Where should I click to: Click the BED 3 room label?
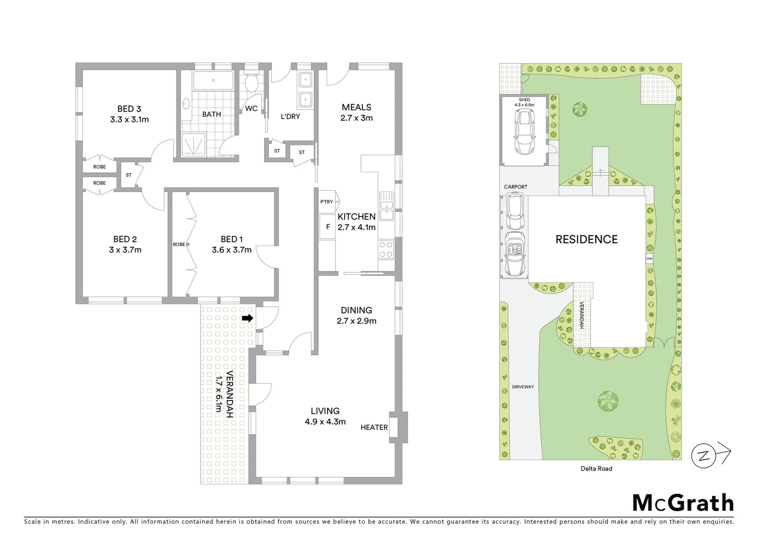click(x=129, y=109)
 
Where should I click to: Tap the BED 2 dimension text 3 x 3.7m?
click(x=125, y=250)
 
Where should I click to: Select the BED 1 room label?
click(x=231, y=239)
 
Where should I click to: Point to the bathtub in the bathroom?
click(x=212, y=81)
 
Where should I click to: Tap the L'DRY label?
click(x=290, y=117)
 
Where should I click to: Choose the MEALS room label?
click(x=356, y=107)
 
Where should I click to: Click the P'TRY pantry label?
click(x=327, y=202)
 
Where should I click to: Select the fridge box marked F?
click(x=327, y=227)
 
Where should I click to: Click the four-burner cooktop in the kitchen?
click(x=386, y=249)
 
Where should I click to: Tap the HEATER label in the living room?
click(x=374, y=427)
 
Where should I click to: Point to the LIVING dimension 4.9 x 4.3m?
click(x=325, y=422)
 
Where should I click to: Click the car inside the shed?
click(x=524, y=131)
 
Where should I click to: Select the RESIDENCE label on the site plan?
click(x=586, y=240)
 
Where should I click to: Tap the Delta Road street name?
click(x=596, y=469)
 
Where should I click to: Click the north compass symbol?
click(x=704, y=455)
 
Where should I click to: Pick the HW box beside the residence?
click(x=649, y=259)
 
